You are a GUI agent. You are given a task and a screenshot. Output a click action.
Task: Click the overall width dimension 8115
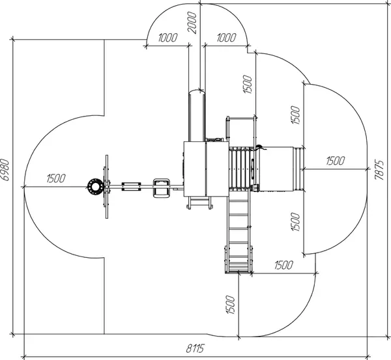pyautogui.click(x=195, y=348)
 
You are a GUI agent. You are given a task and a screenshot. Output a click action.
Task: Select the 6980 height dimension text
pyautogui.click(x=5, y=170)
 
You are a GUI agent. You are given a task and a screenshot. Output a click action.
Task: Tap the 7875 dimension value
pyautogui.click(x=379, y=170)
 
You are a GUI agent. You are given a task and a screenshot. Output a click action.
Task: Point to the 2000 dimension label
pyautogui.click(x=192, y=23)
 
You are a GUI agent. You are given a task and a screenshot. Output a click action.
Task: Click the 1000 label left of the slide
pyautogui.click(x=168, y=38)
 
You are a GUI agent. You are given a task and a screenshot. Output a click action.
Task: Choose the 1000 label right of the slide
pyautogui.click(x=226, y=38)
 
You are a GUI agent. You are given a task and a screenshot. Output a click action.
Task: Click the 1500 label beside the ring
pyautogui.click(x=56, y=178)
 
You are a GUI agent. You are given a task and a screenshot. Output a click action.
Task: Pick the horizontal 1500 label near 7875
pyautogui.click(x=336, y=161)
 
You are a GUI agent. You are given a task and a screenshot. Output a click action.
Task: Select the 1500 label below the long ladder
pyautogui.click(x=230, y=305)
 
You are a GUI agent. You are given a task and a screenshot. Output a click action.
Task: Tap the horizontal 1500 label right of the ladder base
pyautogui.click(x=283, y=266)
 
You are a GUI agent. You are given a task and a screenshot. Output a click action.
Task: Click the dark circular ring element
pyautogui.click(x=95, y=186)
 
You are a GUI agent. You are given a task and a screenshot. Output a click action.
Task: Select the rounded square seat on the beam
pyautogui.click(x=162, y=188)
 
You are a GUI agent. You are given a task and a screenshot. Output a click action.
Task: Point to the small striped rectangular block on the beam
pyautogui.click(x=131, y=187)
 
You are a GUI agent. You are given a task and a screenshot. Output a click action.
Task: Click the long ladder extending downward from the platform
pyautogui.click(x=239, y=230)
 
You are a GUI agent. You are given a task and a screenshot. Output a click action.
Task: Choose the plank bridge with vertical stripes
pyautogui.click(x=240, y=168)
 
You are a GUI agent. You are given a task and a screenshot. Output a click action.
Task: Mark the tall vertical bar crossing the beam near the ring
pyautogui.click(x=107, y=187)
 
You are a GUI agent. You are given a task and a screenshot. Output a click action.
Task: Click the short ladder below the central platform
pyautogui.click(x=199, y=202)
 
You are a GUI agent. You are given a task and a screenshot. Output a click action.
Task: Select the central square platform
pyautogui.click(x=206, y=169)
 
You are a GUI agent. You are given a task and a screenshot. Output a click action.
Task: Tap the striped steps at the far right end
pyautogui.click(x=299, y=169)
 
